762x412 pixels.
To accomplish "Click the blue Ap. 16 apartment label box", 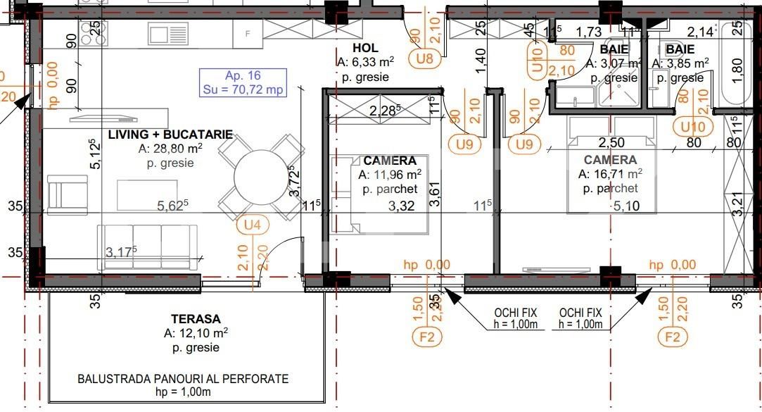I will [243, 82].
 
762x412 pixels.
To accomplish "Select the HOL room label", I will [366, 48].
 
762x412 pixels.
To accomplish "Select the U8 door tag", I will [424, 58].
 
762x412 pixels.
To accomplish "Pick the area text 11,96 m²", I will [390, 175].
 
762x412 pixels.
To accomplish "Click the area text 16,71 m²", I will [609, 174].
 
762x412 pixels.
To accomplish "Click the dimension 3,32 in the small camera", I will [401, 206].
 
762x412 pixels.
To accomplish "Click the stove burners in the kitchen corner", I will [91, 30].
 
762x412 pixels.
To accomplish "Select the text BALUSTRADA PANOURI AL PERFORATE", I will [182, 379].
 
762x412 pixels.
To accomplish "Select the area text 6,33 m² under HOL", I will [363, 63].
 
